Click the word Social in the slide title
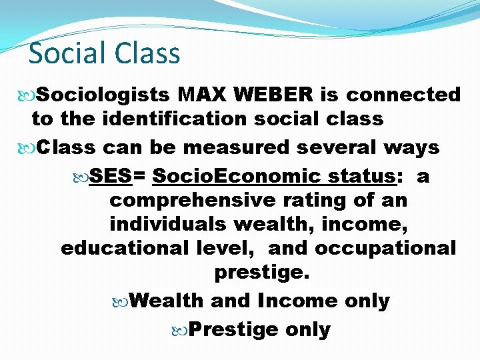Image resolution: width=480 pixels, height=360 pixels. pyautogui.click(x=65, y=53)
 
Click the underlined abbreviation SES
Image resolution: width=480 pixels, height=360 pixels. pyautogui.click(x=111, y=177)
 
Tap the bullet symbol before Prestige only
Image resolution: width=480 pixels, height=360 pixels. pyautogui.click(x=182, y=330)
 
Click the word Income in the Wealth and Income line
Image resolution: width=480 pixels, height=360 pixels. pyautogui.click(x=297, y=301)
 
